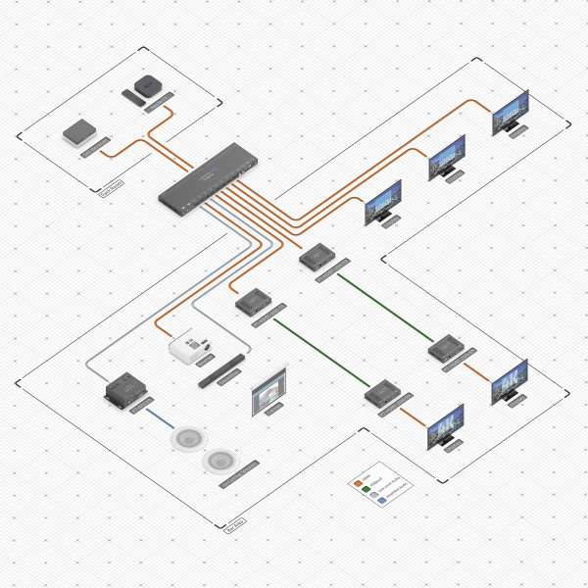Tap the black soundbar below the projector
[x=220, y=369]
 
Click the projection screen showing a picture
[x=268, y=393]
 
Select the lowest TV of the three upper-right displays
[x=382, y=200]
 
